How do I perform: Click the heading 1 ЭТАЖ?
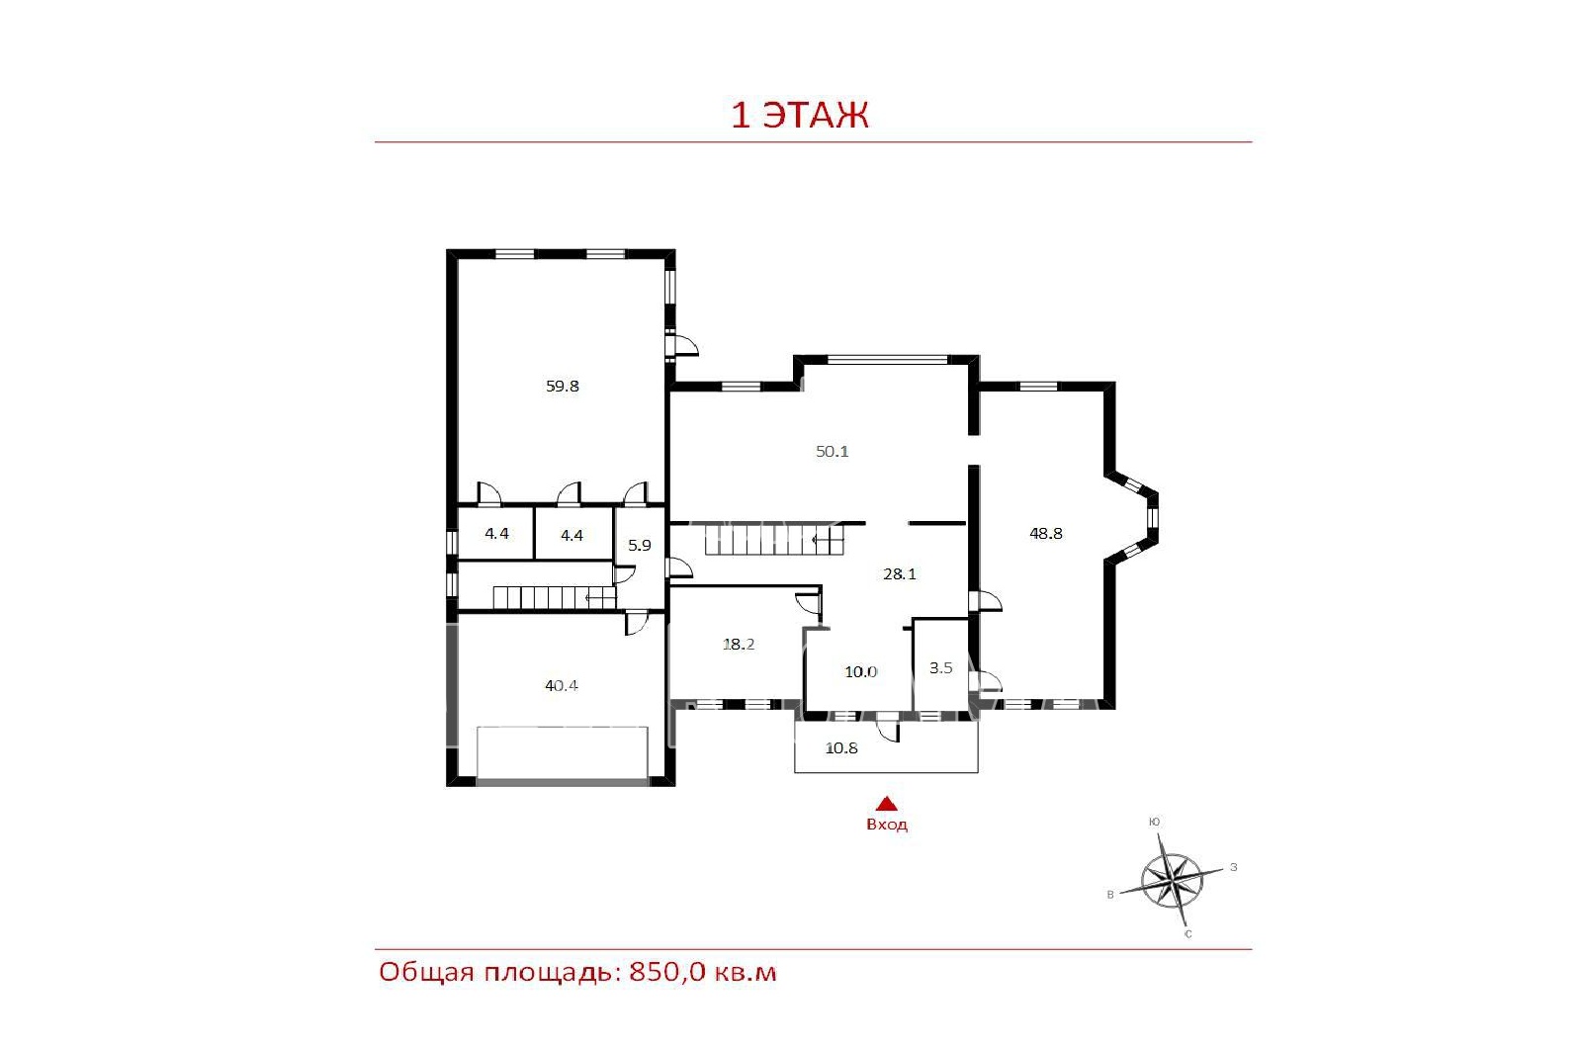(799, 115)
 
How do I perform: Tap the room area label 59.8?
(563, 386)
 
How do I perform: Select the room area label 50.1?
(832, 451)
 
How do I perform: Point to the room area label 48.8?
(1046, 533)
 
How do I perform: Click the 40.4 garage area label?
(562, 685)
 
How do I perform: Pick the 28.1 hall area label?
(900, 573)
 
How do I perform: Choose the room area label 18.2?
(739, 644)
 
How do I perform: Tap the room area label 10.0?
(861, 671)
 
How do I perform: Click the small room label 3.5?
(940, 667)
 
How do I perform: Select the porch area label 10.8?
(841, 747)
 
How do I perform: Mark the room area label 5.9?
(639, 545)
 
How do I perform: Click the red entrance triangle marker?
(886, 804)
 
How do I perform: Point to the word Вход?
(887, 825)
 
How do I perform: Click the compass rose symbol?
(1172, 880)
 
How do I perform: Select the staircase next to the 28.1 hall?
(775, 540)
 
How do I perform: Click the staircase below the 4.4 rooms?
(555, 597)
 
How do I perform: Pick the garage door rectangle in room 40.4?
(563, 752)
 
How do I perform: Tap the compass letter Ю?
(1154, 822)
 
